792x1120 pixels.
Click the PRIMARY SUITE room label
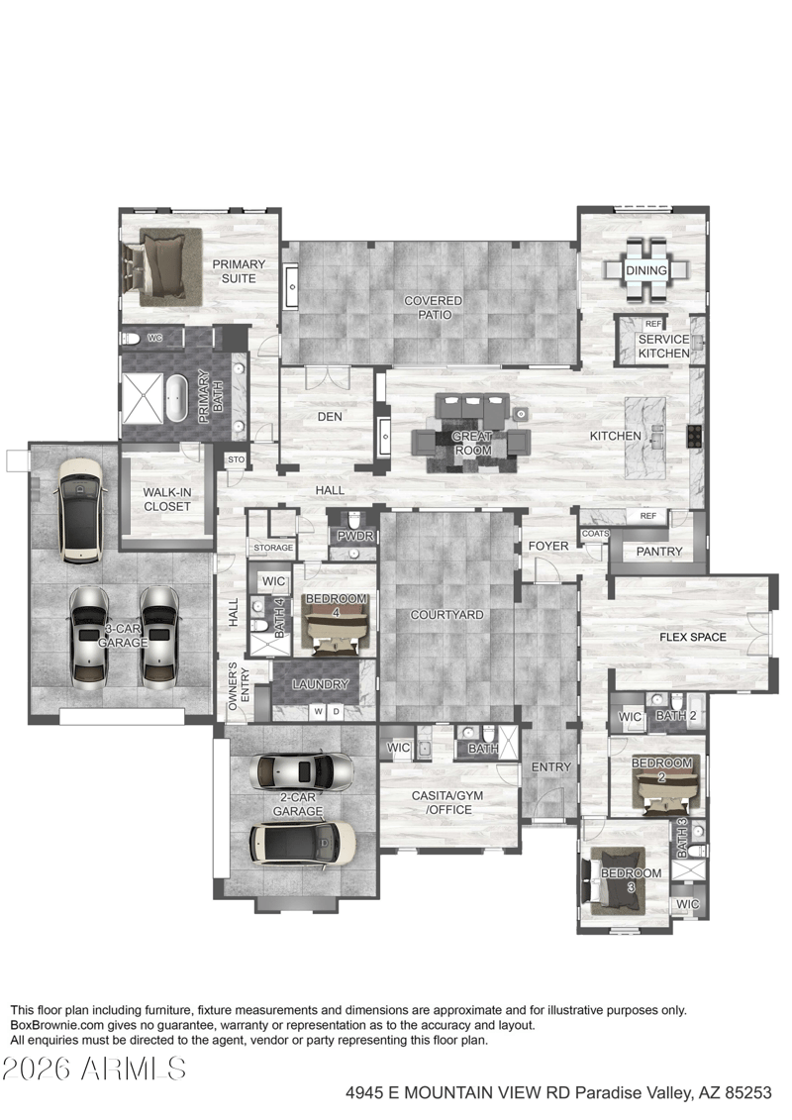pos(239,271)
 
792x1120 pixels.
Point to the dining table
pos(646,270)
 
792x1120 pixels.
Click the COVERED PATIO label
pos(434,308)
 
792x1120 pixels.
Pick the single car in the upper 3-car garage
pos(80,510)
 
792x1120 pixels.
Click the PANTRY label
pos(659,552)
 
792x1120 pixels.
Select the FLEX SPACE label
pos(693,637)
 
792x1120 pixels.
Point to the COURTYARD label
pos(447,614)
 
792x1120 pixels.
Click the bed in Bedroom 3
pos(616,880)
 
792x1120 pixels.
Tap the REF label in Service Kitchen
pos(652,324)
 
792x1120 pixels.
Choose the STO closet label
pos(236,460)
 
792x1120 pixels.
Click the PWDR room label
pos(355,536)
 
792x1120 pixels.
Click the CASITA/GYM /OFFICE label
pos(447,803)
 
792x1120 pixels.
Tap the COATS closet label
pos(596,534)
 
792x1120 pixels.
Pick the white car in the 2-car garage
pos(302,841)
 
